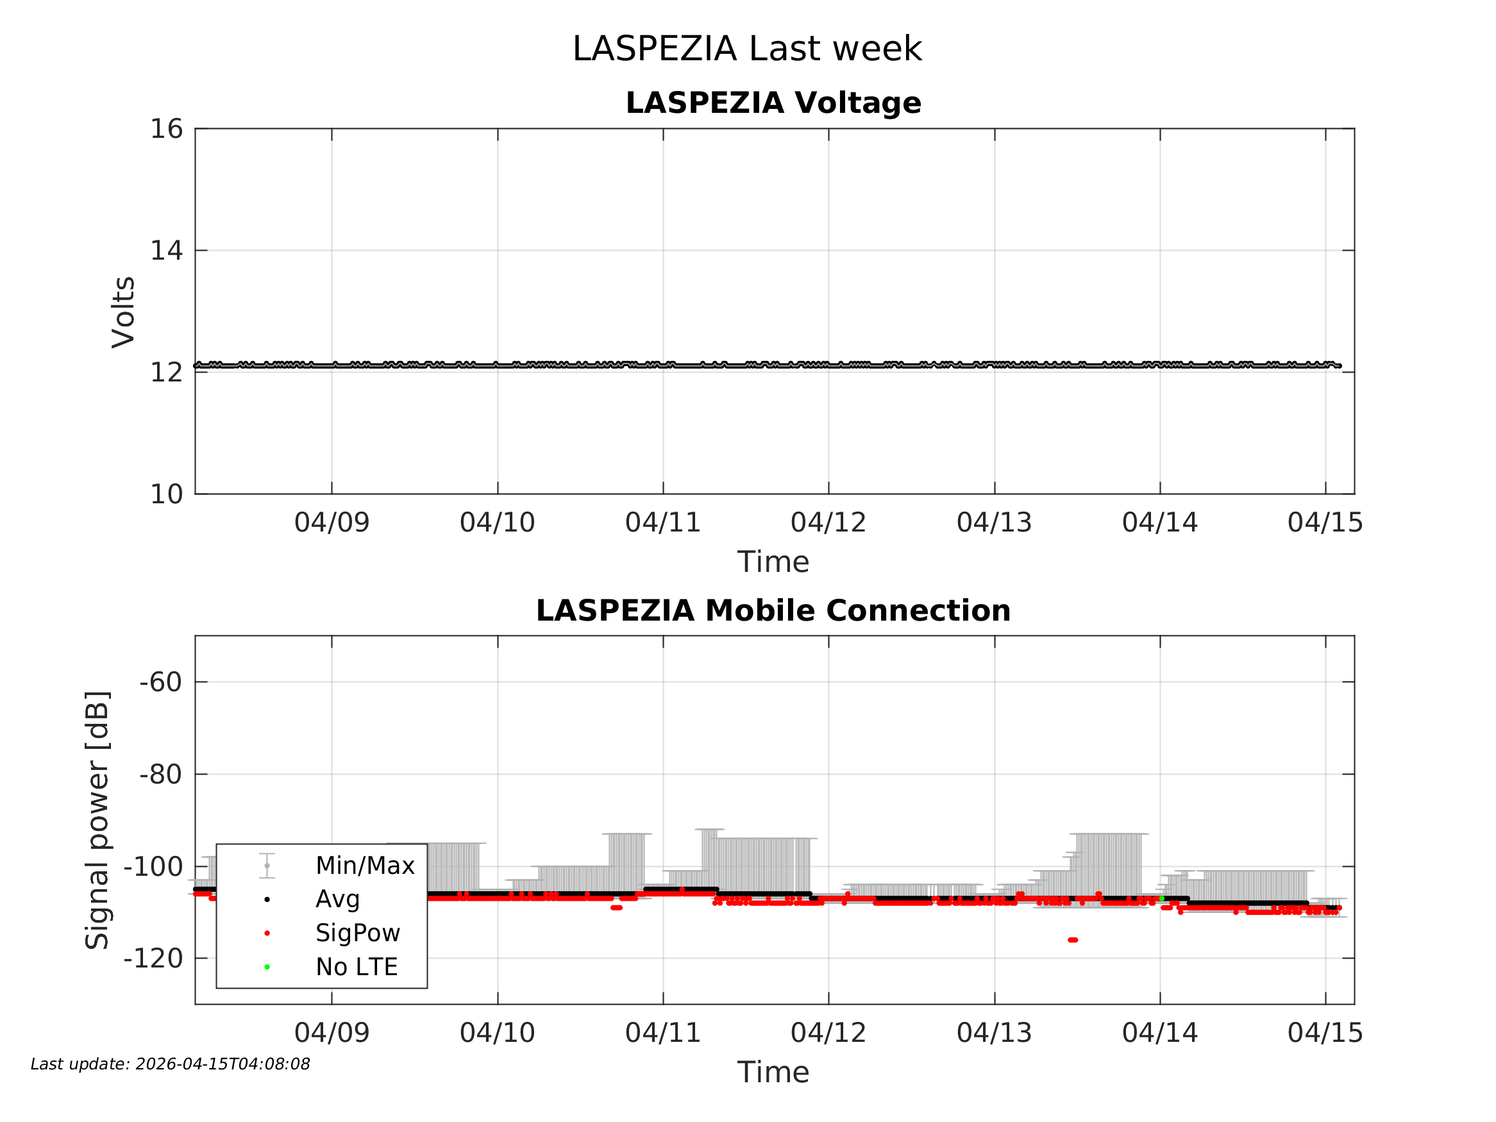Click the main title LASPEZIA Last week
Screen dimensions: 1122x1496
pyautogui.click(x=746, y=49)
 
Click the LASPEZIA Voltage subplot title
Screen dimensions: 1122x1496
pyautogui.click(x=773, y=103)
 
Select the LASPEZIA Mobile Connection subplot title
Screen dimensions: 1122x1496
pyautogui.click(x=773, y=611)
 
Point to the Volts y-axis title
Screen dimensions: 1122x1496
pyautogui.click(x=124, y=312)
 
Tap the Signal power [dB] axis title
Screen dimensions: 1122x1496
pyautogui.click(x=97, y=819)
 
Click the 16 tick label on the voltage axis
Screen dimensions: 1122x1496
pyautogui.click(x=166, y=128)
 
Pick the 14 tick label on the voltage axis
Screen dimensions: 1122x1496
pyautogui.click(x=166, y=250)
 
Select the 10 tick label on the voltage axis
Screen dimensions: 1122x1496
pyautogui.click(x=166, y=494)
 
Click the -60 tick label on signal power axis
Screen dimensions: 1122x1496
pyautogui.click(x=161, y=682)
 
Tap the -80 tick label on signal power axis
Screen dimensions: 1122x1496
pyautogui.click(x=161, y=775)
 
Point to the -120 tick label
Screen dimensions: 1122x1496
pyautogui.click(x=153, y=959)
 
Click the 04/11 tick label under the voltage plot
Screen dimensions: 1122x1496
pyautogui.click(x=663, y=523)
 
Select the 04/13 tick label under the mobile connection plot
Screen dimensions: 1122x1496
pyautogui.click(x=994, y=1033)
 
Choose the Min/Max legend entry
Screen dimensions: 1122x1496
pyautogui.click(x=364, y=866)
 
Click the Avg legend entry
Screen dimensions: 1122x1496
pyautogui.click(x=337, y=900)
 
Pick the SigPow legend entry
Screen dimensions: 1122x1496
pyautogui.click(x=358, y=934)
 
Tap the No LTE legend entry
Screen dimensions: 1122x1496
pyautogui.click(x=357, y=967)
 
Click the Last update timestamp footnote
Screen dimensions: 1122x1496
pyautogui.click(x=171, y=1064)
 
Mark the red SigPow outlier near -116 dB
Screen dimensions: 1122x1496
pyautogui.click(x=1073, y=940)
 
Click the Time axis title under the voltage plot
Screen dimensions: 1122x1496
pyautogui.click(x=773, y=562)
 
